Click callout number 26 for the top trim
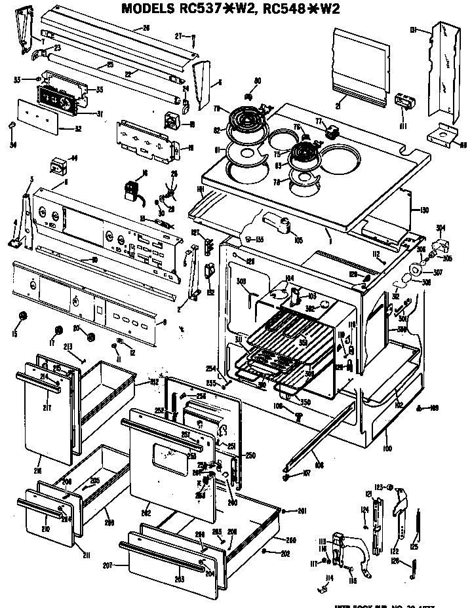coord(146,28)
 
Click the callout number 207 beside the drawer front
coord(107,565)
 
